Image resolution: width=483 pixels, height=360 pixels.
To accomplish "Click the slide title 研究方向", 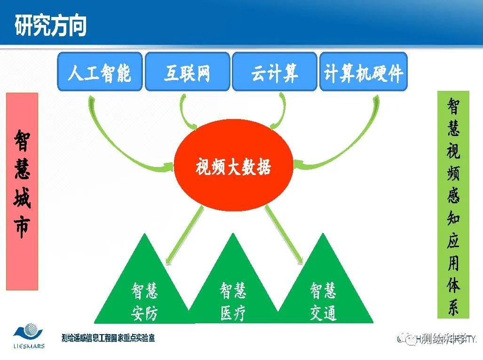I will point(50,24).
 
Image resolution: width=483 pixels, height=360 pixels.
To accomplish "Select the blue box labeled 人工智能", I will point(99,72).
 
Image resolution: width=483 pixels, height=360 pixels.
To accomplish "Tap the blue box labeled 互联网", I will point(187,72).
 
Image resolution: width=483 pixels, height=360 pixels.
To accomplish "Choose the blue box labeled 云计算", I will point(275,72).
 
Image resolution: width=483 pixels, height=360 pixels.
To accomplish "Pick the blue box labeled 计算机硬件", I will point(363,72).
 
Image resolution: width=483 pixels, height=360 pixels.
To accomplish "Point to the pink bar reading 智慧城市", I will point(22,191).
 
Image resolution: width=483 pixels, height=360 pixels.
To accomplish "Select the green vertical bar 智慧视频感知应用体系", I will point(453,204).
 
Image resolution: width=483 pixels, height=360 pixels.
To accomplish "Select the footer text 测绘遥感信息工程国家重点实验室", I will point(108,338).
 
